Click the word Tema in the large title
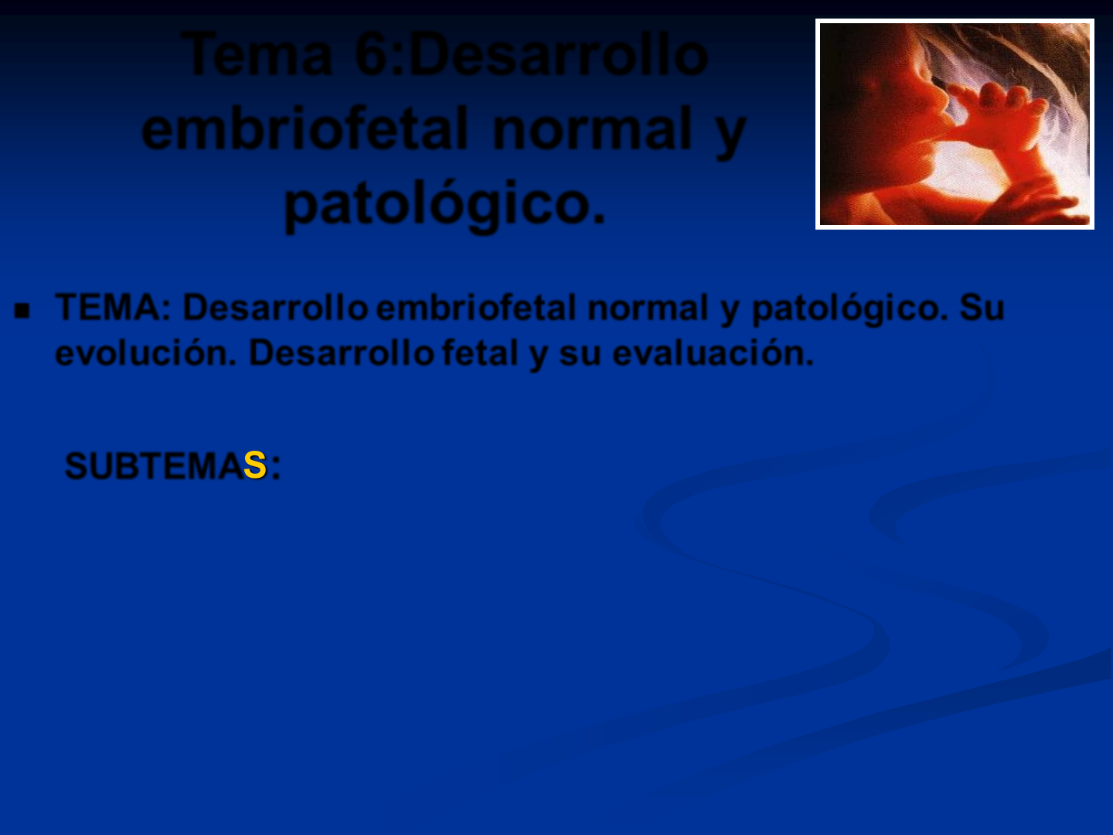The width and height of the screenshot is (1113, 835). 257,55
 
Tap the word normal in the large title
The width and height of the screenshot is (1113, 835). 593,129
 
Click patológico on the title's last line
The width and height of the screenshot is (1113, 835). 444,205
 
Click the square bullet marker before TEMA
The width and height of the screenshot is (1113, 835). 22,310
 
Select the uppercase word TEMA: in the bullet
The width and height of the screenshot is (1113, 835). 113,307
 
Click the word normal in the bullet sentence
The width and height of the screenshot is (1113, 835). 648,308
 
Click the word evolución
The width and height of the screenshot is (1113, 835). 146,353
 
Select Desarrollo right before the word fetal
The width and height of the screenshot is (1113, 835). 342,353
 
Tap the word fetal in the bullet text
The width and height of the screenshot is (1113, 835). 480,353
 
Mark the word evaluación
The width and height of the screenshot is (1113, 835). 713,353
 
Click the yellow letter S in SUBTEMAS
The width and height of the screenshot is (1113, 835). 254,465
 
